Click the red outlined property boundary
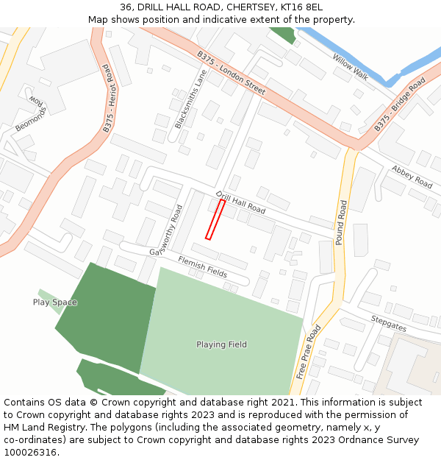click(215, 219)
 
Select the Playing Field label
click(221, 344)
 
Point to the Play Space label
click(54, 302)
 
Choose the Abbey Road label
click(412, 177)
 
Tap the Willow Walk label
click(350, 67)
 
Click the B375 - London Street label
click(231, 72)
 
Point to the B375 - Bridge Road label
click(399, 105)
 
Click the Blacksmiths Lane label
click(190, 99)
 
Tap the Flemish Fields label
click(202, 266)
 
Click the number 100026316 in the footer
click(30, 452)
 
